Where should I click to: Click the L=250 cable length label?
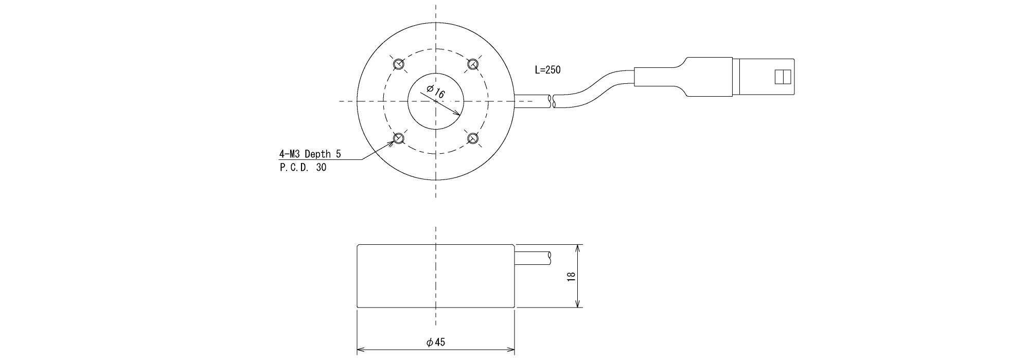pyautogui.click(x=547, y=70)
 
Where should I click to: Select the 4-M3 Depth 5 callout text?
pyautogui.click(x=310, y=154)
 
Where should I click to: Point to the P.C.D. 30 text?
pyautogui.click(x=303, y=167)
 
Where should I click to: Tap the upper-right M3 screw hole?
pyautogui.click(x=473, y=64)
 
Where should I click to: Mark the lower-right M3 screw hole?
pyautogui.click(x=473, y=138)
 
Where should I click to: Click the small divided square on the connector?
pyautogui.click(x=782, y=77)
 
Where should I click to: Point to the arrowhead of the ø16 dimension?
pyautogui.click(x=456, y=113)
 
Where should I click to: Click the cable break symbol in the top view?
pyautogui.click(x=552, y=101)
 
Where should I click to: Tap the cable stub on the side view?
pyautogui.click(x=533, y=258)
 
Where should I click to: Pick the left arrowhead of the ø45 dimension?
pyautogui.click(x=362, y=351)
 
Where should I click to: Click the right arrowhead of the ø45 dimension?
pyautogui.click(x=510, y=351)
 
